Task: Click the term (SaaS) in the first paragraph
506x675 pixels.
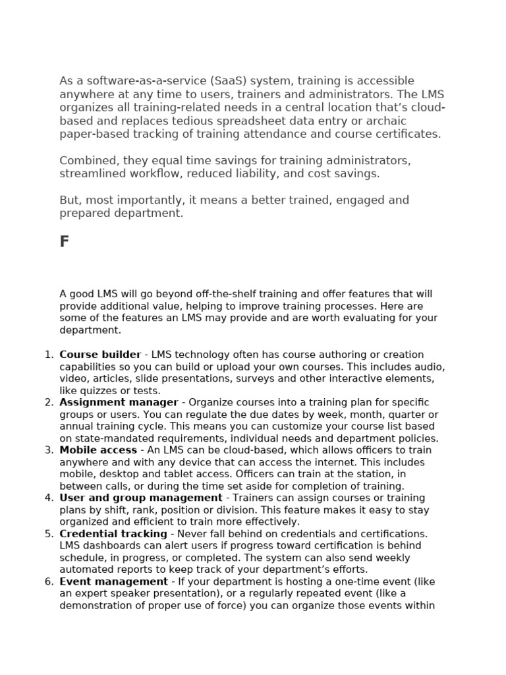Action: click(x=229, y=81)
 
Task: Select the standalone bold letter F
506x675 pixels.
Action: click(x=64, y=242)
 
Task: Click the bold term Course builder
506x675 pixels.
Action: click(x=100, y=355)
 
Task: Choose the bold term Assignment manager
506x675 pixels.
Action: click(x=119, y=402)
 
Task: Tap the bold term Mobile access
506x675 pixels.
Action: click(x=98, y=450)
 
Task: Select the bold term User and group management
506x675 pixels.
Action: click(x=140, y=498)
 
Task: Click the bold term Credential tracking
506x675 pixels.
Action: click(x=113, y=533)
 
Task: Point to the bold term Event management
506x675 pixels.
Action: click(x=113, y=581)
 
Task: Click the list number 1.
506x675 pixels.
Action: click(x=48, y=355)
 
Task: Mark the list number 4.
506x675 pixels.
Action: click(x=48, y=498)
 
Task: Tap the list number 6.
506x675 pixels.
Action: click(x=48, y=581)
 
